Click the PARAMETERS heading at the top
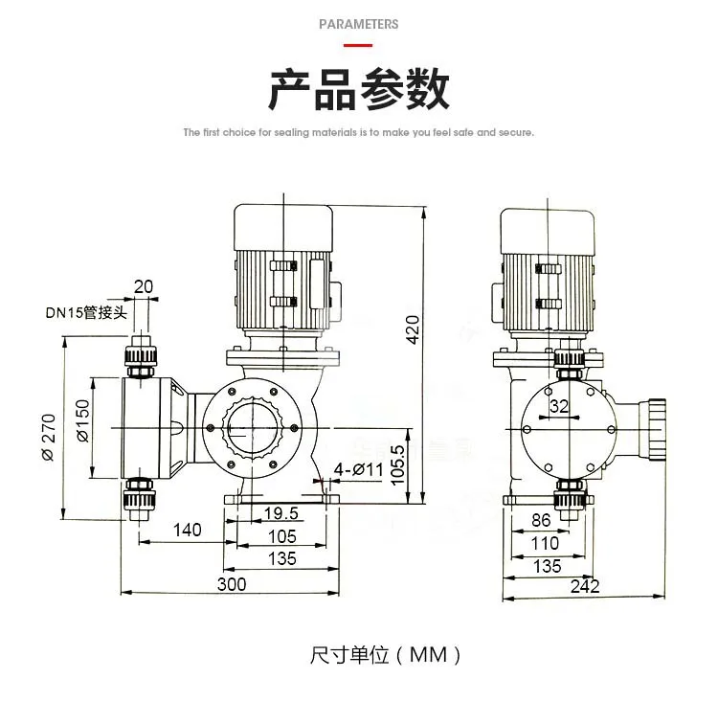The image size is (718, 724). point(359,24)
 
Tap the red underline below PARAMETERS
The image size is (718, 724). point(358,45)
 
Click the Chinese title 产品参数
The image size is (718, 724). point(359,89)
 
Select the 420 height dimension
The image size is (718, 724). point(413,329)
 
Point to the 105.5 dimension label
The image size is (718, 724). point(397,465)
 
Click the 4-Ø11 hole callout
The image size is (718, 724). point(359,469)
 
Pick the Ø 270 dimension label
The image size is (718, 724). point(49,438)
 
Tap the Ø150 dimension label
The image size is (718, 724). point(82,420)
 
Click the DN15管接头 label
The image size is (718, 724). point(86,312)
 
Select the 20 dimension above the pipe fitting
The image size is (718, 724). point(144,286)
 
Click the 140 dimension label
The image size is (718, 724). point(188,530)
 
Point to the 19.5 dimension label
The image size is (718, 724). point(281,513)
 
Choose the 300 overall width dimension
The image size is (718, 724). point(232,584)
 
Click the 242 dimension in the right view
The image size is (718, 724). point(585,586)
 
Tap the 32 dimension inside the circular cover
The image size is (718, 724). point(559,406)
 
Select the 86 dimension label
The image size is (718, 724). point(541,520)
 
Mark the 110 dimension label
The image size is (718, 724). point(545,543)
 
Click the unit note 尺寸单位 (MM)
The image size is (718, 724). point(386,655)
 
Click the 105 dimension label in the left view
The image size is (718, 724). point(282,536)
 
